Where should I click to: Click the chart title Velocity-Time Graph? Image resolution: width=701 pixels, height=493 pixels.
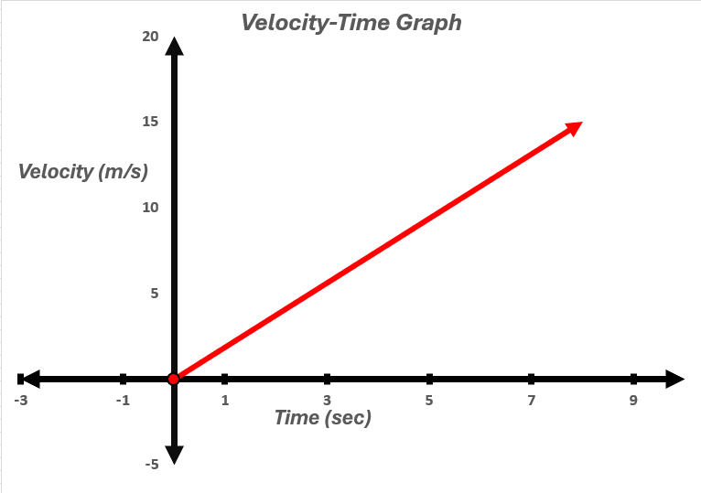click(351, 23)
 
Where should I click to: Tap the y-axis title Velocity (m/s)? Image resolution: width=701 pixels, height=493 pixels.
click(82, 171)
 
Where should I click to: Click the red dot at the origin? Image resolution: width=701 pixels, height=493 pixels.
click(173, 379)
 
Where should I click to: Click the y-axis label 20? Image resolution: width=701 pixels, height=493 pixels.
click(150, 37)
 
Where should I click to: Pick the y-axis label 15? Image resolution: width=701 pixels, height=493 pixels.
click(150, 122)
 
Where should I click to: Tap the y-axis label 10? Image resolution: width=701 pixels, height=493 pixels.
click(150, 208)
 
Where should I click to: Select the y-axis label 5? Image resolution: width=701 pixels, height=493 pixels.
click(155, 294)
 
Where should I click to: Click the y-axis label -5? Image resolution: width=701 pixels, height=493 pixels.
click(151, 464)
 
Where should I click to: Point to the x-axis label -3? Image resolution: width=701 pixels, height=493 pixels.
click(21, 401)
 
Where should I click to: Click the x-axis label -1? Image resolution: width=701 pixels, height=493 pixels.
click(123, 401)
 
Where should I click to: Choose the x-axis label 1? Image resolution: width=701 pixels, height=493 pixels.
click(224, 401)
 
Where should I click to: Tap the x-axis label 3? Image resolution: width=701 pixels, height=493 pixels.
click(327, 401)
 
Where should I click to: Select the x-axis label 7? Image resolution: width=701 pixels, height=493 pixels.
click(531, 401)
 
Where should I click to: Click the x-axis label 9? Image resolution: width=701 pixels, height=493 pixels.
click(633, 401)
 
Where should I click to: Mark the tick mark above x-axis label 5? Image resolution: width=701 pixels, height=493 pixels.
click(429, 379)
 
